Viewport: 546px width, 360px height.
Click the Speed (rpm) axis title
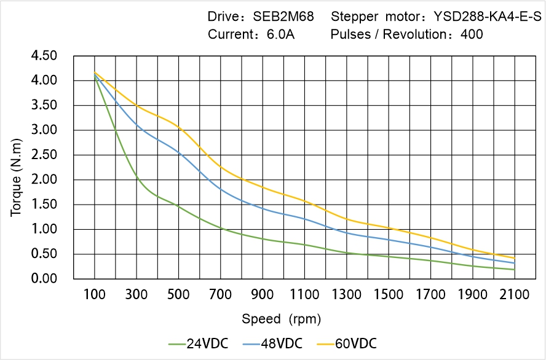pyautogui.click(x=282, y=319)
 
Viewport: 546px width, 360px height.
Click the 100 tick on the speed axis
pyautogui.click(x=94, y=295)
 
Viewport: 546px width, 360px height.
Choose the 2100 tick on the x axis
pyautogui.click(x=515, y=295)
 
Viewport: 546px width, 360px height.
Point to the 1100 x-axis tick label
pyautogui.click(x=304, y=295)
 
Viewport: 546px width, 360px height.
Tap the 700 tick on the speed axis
pyautogui.click(x=220, y=295)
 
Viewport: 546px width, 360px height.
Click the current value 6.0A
pyautogui.click(x=280, y=34)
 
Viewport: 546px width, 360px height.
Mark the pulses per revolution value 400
pyautogui.click(x=472, y=34)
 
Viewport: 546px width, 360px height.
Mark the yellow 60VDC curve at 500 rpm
pyautogui.click(x=178, y=127)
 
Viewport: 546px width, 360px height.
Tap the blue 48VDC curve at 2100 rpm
pyautogui.click(x=515, y=263)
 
